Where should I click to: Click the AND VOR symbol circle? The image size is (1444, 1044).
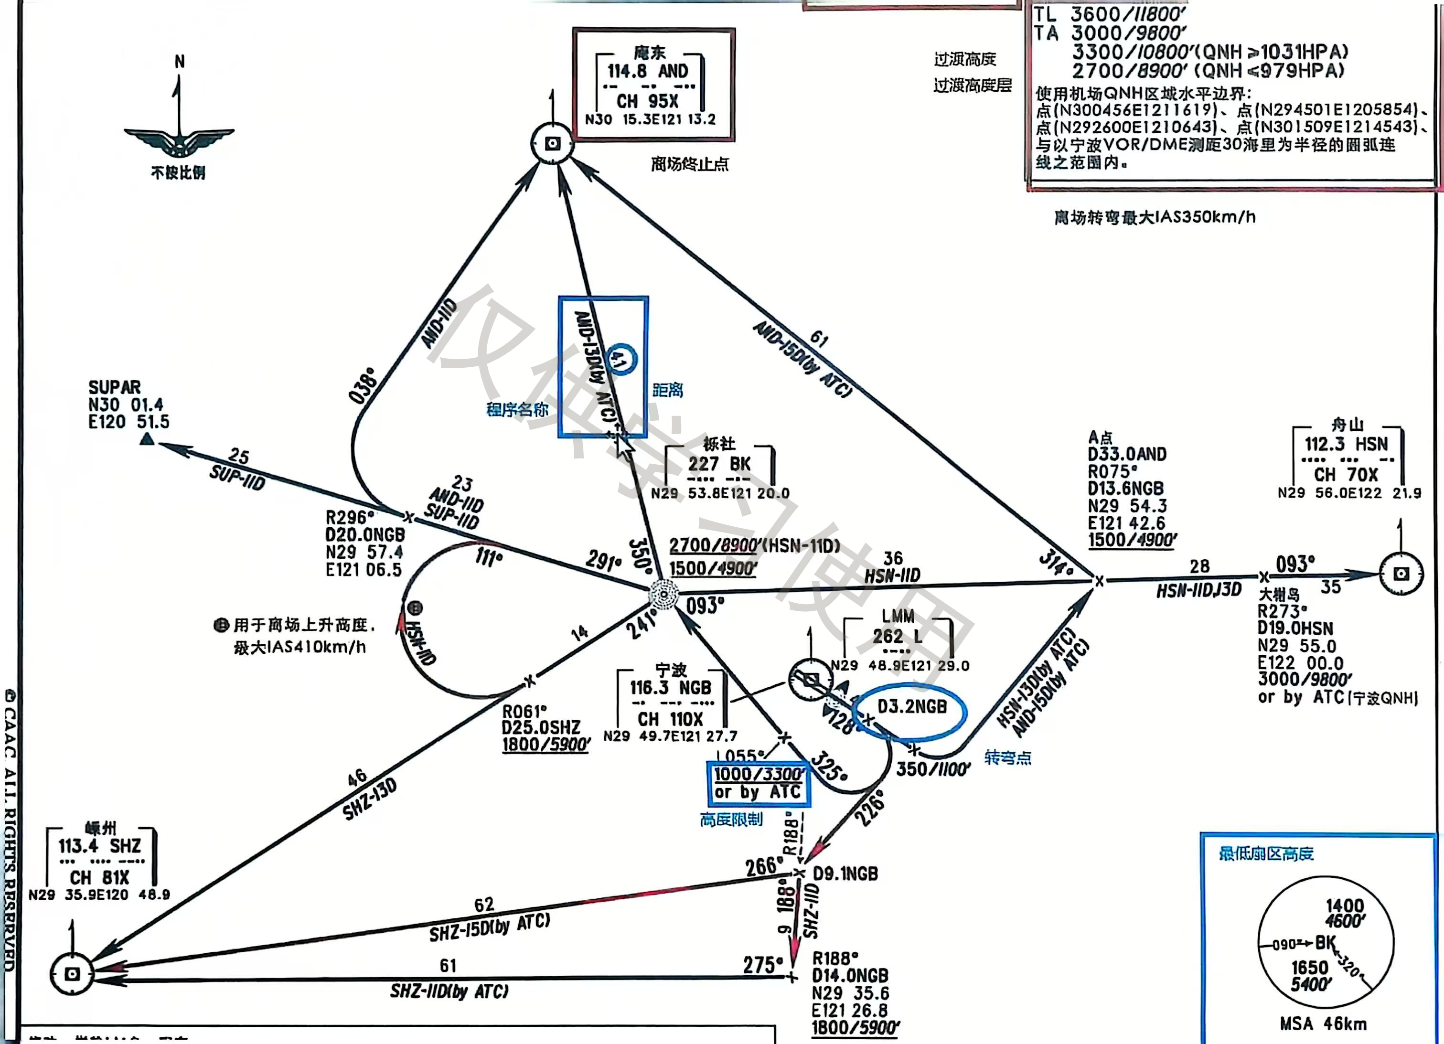tap(552, 143)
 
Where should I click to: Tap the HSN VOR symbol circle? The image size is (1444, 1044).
tap(1401, 574)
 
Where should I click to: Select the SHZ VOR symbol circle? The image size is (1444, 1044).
tap(72, 973)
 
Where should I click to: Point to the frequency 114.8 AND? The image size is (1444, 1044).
tap(647, 71)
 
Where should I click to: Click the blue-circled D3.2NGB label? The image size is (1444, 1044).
tap(911, 707)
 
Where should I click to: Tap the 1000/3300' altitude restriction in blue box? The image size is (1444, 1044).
tap(758, 775)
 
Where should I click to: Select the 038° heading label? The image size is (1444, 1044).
tap(363, 385)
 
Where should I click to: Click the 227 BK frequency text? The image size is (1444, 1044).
tap(719, 464)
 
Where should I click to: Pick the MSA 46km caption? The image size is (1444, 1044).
tap(1323, 1023)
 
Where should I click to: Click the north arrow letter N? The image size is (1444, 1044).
tap(180, 62)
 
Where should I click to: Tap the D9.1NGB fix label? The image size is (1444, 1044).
tap(845, 874)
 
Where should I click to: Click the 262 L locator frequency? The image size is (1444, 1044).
tap(897, 636)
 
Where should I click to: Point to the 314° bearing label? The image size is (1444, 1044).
tap(1056, 562)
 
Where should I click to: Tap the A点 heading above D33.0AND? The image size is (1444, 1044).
tap(1100, 437)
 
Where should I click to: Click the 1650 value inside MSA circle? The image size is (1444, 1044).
tap(1310, 968)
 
